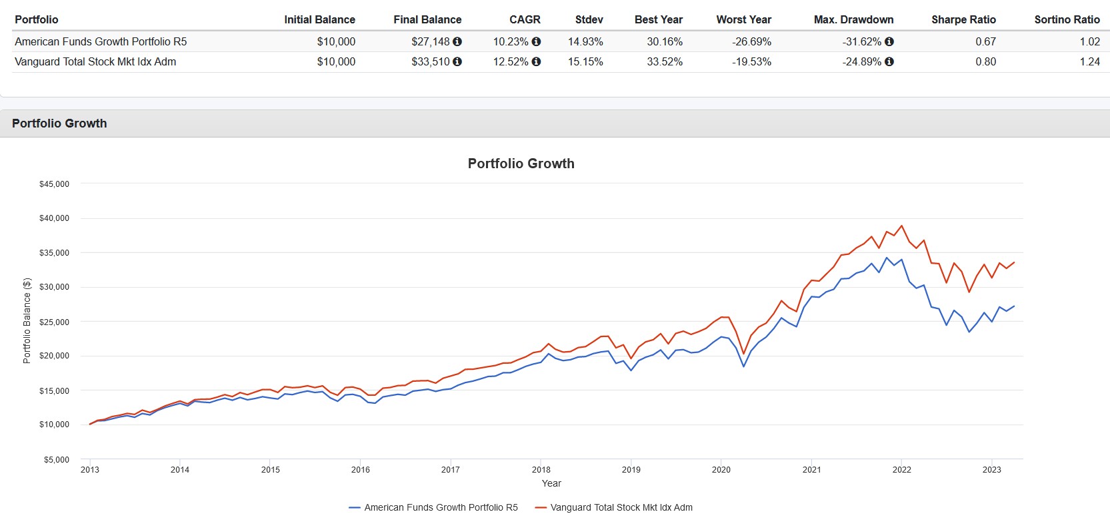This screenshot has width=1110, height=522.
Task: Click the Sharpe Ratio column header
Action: pos(963,19)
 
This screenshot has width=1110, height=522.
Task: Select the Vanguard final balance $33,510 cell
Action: pos(431,61)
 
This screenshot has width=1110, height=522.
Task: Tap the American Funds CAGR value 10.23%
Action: pos(510,41)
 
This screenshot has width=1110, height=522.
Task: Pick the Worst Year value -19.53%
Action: pos(751,61)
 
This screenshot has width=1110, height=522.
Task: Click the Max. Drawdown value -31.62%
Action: pos(861,41)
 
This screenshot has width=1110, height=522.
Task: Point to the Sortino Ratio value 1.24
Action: pos(1089,61)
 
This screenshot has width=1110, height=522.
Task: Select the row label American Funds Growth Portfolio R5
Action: pos(101,41)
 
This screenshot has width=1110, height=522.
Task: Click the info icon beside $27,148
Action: pos(457,41)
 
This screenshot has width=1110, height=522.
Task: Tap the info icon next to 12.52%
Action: pos(536,61)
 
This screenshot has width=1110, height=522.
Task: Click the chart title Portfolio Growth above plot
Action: pos(521,164)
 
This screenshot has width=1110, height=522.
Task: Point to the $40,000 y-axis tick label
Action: pos(54,218)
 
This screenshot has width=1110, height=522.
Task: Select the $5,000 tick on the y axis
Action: pos(57,459)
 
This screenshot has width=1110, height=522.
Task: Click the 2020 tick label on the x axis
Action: pos(721,469)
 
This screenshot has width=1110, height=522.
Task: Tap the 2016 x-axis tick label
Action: pos(360,469)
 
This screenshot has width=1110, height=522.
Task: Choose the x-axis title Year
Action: pos(551,483)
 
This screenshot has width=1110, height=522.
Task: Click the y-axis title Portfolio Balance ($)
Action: pos(27,320)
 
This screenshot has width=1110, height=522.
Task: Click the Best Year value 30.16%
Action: pos(664,41)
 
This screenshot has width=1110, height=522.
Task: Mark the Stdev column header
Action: pos(589,19)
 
